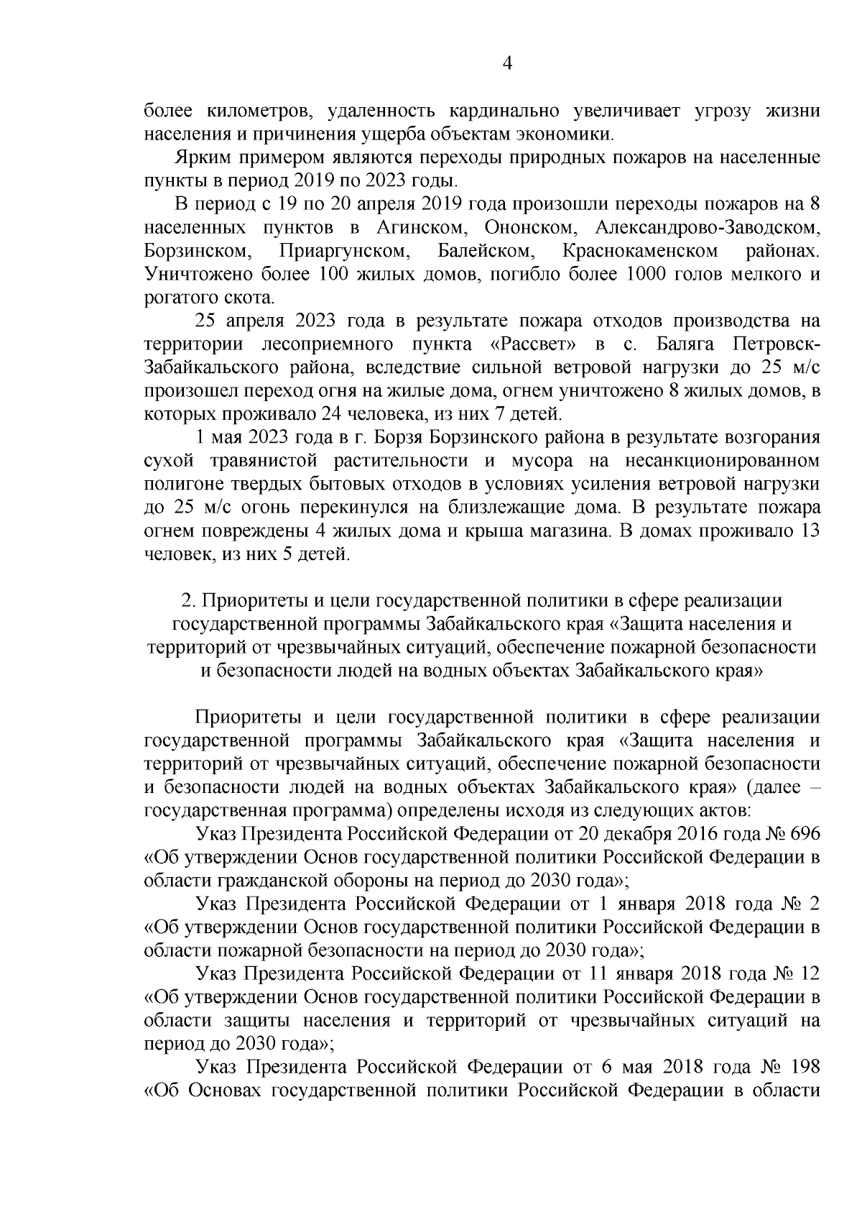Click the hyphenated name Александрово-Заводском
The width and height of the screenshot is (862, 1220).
point(708,228)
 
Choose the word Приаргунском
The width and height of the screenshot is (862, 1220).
point(344,251)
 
